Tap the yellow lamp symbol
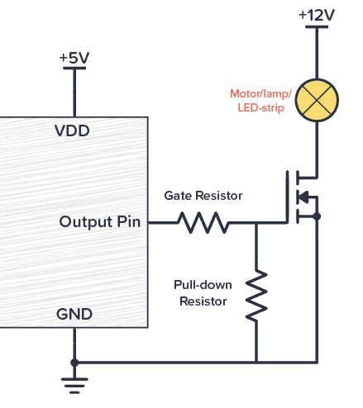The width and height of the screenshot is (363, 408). point(317,98)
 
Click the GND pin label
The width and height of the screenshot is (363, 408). point(74,315)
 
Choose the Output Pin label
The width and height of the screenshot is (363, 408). point(99,222)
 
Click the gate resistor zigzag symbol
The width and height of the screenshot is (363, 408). point(203,222)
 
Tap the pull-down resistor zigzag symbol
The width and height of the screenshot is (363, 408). point(256,295)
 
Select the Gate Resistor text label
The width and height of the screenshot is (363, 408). point(203,196)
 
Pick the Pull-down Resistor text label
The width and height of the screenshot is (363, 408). point(203,292)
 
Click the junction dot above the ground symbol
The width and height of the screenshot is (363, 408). point(74,362)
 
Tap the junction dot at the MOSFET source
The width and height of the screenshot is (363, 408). point(317,216)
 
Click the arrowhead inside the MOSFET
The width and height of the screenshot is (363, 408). point(303,197)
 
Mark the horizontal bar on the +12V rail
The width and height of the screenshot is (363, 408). point(317,26)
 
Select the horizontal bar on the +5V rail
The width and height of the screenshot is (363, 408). point(74,69)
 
